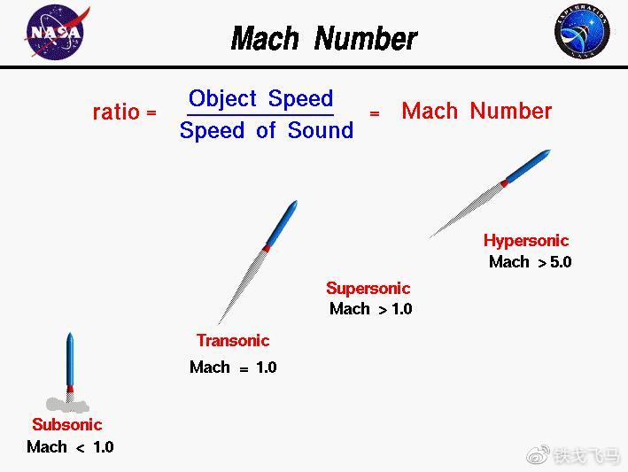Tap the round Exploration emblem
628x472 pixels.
pos(582,30)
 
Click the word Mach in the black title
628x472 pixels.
pos(265,38)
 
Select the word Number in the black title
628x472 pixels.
pos(366,38)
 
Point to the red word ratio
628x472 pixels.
pos(116,112)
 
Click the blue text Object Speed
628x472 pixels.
pos(260,98)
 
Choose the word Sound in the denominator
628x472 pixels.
pos(321,129)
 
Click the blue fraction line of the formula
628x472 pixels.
pos(260,115)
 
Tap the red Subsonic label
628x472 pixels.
pos(67,424)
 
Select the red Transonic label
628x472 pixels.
pos(233,340)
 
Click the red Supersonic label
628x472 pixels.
pos(368,288)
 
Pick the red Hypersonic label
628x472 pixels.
pos(526,241)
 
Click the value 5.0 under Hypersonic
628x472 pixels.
pos(561,262)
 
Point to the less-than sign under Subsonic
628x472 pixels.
pos(80,448)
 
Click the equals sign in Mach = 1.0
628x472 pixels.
pos(244,368)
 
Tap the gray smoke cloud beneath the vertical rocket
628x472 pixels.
pos(67,405)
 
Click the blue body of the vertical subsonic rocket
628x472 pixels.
pos(70,360)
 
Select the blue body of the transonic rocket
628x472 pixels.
pos(282,223)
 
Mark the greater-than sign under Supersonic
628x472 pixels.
pos(383,309)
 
